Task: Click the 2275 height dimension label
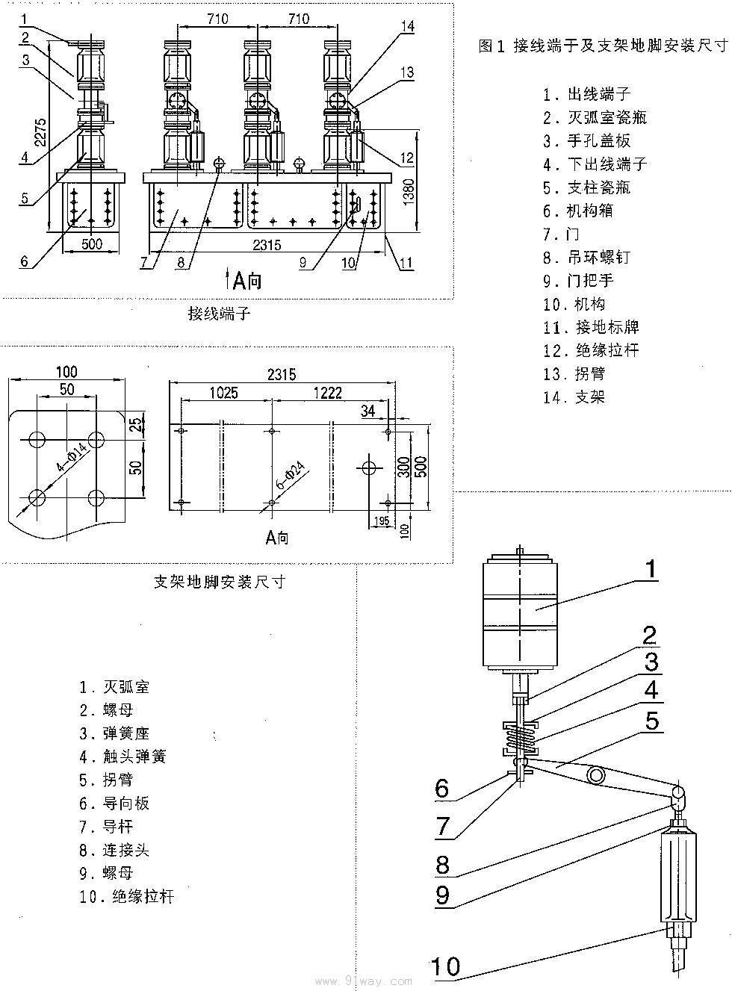(43, 133)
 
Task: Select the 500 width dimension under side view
(91, 244)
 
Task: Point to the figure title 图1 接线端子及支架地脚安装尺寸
(602, 46)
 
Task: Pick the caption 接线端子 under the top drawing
(219, 314)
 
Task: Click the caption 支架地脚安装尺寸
(219, 582)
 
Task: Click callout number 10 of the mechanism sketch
(445, 966)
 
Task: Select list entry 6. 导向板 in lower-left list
(115, 803)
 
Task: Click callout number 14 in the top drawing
(406, 27)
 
